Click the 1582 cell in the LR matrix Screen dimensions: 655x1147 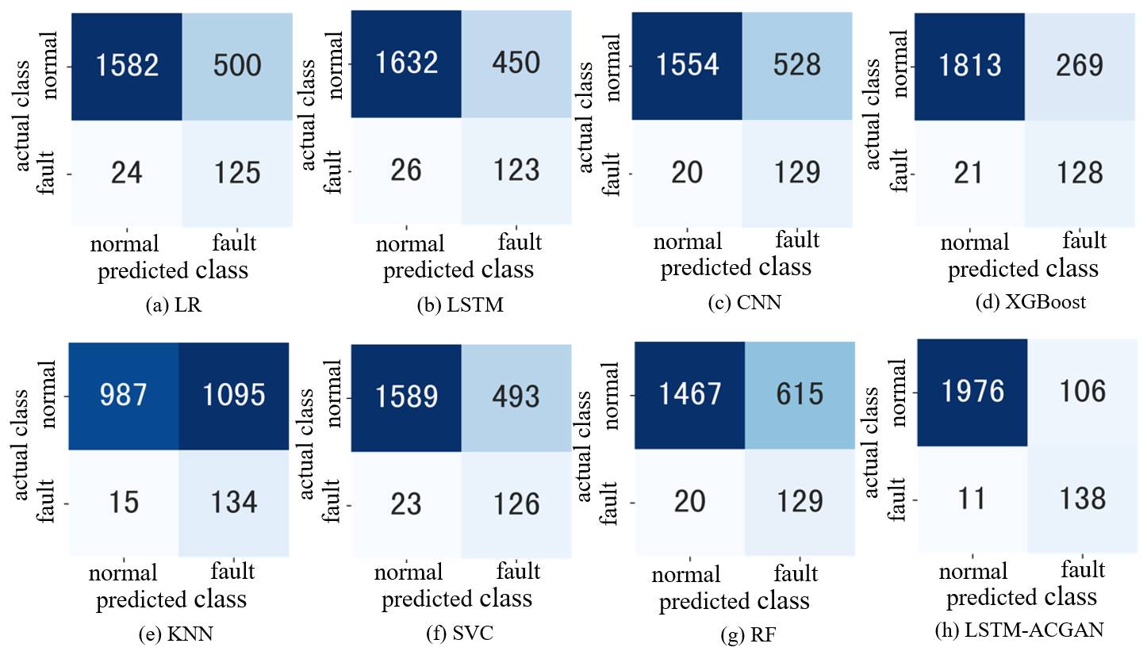click(x=126, y=65)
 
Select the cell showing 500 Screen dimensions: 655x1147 click(x=236, y=65)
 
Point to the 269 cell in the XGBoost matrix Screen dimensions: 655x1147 click(x=1079, y=64)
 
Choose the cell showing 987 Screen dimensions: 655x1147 click(x=124, y=394)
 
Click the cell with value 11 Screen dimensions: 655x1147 click(x=972, y=498)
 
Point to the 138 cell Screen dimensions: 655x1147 click(x=1082, y=498)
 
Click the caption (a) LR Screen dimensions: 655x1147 click(x=173, y=305)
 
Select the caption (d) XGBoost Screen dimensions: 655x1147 click(x=1030, y=302)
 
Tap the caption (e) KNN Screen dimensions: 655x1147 click(x=174, y=633)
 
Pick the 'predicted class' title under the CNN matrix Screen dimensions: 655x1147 click(x=735, y=267)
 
